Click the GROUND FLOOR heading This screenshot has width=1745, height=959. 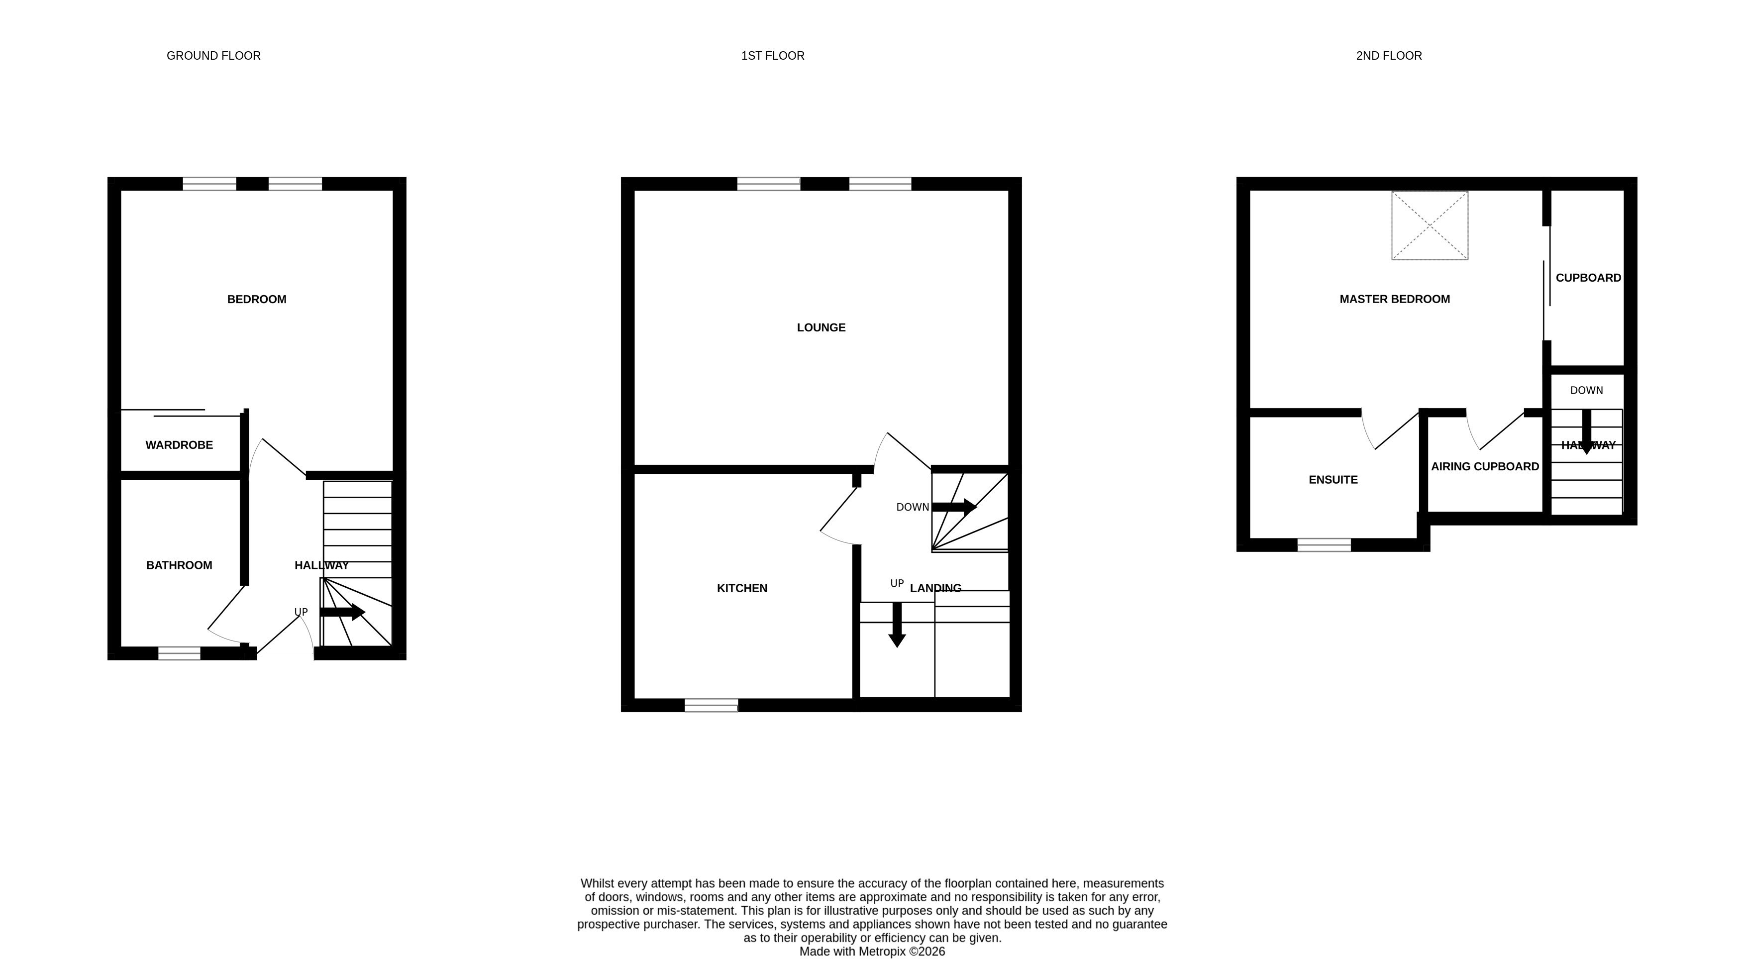213,56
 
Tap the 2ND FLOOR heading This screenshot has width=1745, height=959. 1388,56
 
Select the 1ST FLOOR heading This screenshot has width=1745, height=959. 772,56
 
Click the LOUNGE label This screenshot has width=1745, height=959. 821,328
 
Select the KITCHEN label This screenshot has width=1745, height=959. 742,588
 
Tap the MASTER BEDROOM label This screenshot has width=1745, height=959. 1394,300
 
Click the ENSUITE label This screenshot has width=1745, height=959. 1333,480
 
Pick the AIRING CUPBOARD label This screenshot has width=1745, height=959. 1484,467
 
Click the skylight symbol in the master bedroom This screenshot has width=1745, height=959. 1430,225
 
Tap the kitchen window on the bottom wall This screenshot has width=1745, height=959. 711,705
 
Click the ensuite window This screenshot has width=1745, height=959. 1324,545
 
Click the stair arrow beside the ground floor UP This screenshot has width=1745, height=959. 343,613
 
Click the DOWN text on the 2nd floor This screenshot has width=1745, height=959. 1586,390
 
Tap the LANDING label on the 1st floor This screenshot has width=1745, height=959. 935,588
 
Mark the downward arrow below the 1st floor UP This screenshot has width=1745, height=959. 897,625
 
